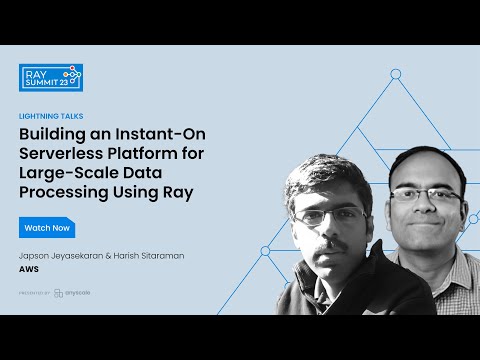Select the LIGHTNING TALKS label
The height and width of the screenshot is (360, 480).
point(51,116)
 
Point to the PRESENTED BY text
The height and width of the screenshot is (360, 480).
point(34,293)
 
